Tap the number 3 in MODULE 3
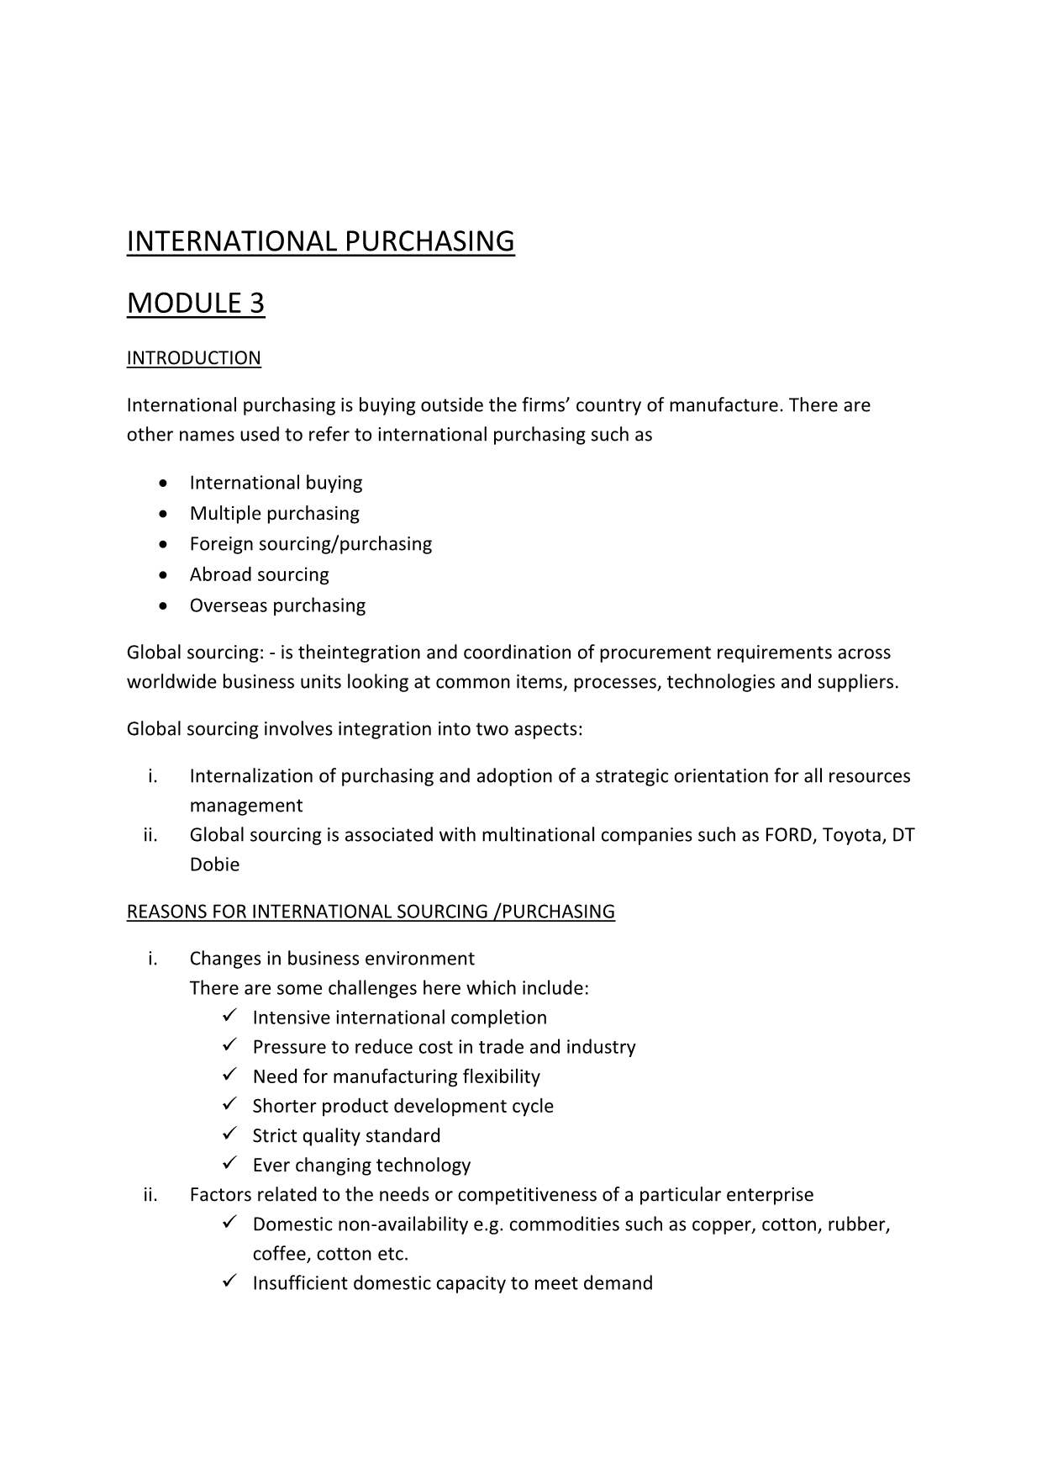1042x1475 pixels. [256, 303]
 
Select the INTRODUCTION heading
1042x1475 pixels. [193, 358]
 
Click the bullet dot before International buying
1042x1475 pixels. [162, 483]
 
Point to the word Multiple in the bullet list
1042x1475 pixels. [221, 513]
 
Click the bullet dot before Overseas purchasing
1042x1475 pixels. [162, 605]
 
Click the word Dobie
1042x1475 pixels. [214, 864]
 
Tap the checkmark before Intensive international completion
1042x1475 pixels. [231, 1017]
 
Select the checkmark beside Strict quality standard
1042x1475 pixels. [231, 1134]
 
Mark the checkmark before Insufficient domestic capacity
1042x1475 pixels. [231, 1282]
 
